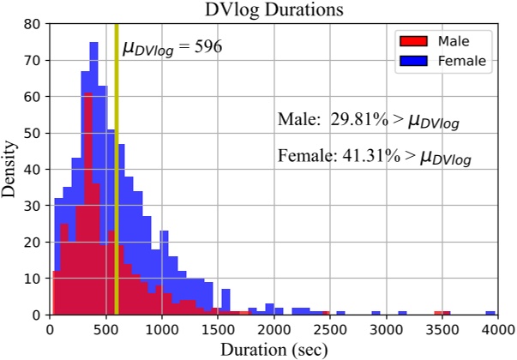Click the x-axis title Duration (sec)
click(273, 349)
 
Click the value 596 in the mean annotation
click(207, 47)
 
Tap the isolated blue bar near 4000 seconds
click(490, 313)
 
